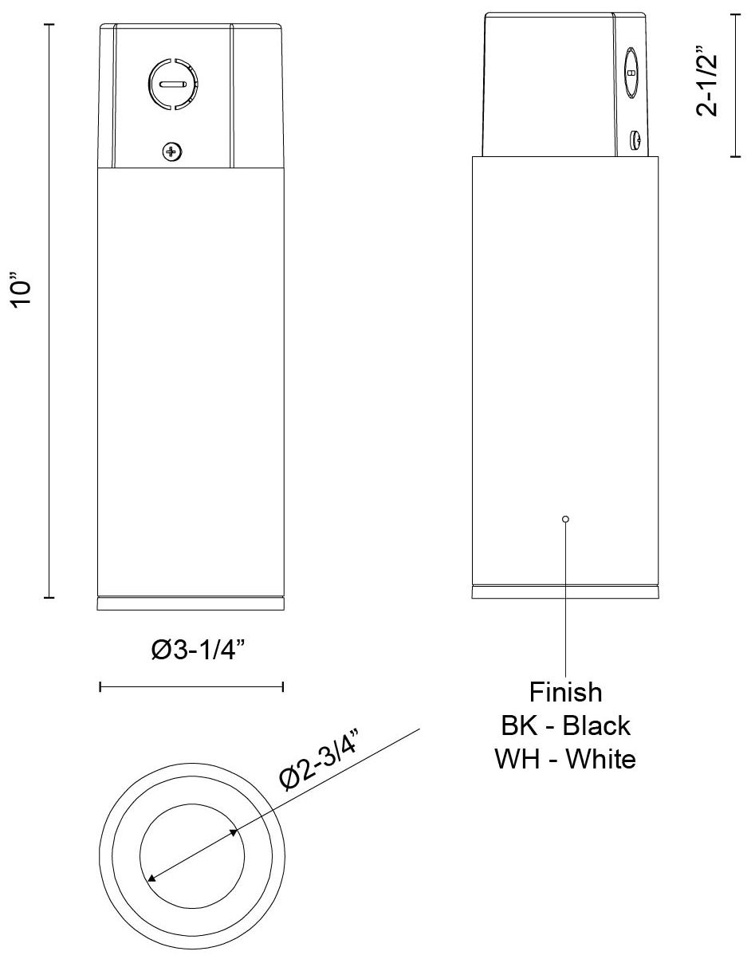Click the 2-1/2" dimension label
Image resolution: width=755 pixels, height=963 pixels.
tap(708, 83)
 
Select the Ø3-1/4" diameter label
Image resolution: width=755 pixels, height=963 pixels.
tap(197, 652)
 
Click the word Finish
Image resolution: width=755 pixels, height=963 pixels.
tap(565, 690)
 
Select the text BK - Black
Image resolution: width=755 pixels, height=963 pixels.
tap(565, 725)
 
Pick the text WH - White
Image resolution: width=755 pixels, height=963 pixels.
tap(565, 758)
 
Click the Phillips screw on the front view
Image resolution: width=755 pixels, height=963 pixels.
tap(171, 150)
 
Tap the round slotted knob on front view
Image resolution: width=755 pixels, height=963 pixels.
tap(173, 84)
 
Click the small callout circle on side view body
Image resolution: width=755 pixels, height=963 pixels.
tap(565, 519)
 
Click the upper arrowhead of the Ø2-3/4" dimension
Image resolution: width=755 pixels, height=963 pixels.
tap(234, 832)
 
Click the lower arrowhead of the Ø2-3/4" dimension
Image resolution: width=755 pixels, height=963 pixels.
tap(151, 878)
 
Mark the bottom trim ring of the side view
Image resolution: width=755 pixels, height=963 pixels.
tap(565, 592)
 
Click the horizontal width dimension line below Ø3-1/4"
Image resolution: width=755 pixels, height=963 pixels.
tap(191, 686)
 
